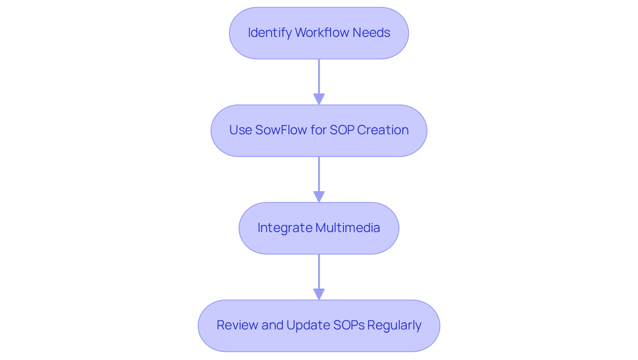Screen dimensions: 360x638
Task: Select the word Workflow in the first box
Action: (322, 33)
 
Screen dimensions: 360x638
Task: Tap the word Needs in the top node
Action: (371, 33)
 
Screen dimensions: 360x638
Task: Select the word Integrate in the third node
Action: (285, 228)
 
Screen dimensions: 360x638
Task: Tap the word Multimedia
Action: (348, 228)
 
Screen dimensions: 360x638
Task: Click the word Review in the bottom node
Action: (237, 325)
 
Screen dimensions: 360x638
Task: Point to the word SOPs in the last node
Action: (349, 325)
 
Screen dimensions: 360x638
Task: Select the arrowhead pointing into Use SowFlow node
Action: (319, 99)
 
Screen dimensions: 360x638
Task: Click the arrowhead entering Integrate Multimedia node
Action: (319, 196)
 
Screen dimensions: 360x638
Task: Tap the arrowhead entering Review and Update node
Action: (319, 294)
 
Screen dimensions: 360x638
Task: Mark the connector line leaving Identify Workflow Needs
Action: (319, 76)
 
